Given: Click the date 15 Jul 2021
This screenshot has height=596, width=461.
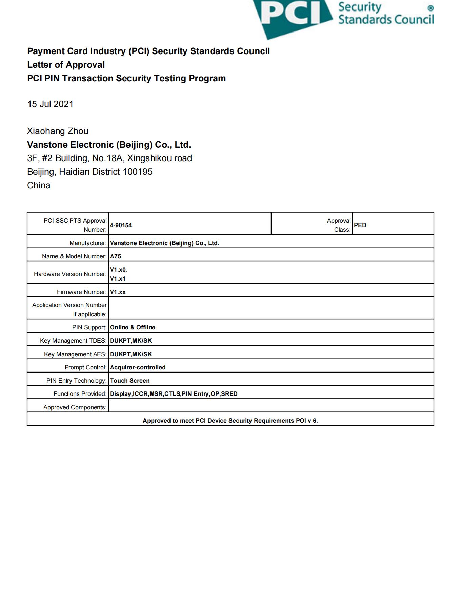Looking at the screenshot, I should [50, 104].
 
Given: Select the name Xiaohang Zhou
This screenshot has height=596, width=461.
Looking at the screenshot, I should [58, 131].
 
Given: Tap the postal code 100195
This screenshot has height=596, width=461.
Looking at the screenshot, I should [137, 172].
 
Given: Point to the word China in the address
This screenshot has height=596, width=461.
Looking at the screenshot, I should [39, 185].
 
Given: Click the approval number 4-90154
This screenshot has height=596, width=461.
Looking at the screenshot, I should [121, 225].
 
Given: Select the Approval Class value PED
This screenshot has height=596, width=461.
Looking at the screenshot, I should [360, 225].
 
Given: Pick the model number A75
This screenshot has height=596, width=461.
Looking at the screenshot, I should [115, 256].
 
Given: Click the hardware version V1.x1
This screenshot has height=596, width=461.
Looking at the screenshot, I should [118, 279].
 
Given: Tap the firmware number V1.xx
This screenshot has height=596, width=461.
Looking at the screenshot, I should [118, 292].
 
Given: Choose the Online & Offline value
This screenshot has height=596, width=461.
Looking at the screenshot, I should [133, 327].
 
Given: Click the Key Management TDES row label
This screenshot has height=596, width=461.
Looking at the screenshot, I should [73, 341].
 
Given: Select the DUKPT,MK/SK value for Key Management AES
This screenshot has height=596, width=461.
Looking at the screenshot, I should [131, 354].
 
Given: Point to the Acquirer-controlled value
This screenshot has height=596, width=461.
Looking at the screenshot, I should [138, 367].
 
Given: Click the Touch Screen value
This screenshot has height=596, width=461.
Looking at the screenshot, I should [130, 381].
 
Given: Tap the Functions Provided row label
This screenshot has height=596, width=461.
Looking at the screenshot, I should [80, 394].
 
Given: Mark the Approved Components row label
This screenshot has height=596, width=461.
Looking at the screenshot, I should [75, 407].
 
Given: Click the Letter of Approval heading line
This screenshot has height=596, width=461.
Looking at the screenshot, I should [66, 65].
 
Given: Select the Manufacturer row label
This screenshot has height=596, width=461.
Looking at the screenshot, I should [88, 243].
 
